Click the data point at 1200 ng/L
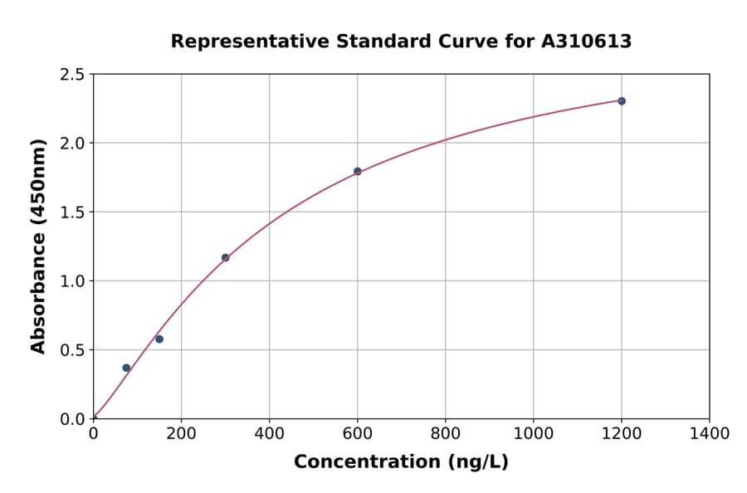[622, 101]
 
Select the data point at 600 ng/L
[358, 172]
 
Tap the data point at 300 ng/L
[225, 257]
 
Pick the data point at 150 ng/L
[159, 339]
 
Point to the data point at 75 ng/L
[126, 368]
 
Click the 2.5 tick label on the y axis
[73, 75]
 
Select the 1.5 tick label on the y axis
[73, 212]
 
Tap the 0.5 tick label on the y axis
[73, 350]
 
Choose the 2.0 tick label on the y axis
[73, 144]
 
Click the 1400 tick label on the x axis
[709, 434]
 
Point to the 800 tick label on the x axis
[445, 434]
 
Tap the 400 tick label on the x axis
[269, 434]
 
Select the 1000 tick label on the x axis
[533, 434]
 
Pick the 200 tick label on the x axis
[181, 434]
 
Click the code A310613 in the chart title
[587, 41]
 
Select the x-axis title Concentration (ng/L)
[401, 462]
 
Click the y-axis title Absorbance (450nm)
[38, 246]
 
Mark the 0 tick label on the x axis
[93, 434]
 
